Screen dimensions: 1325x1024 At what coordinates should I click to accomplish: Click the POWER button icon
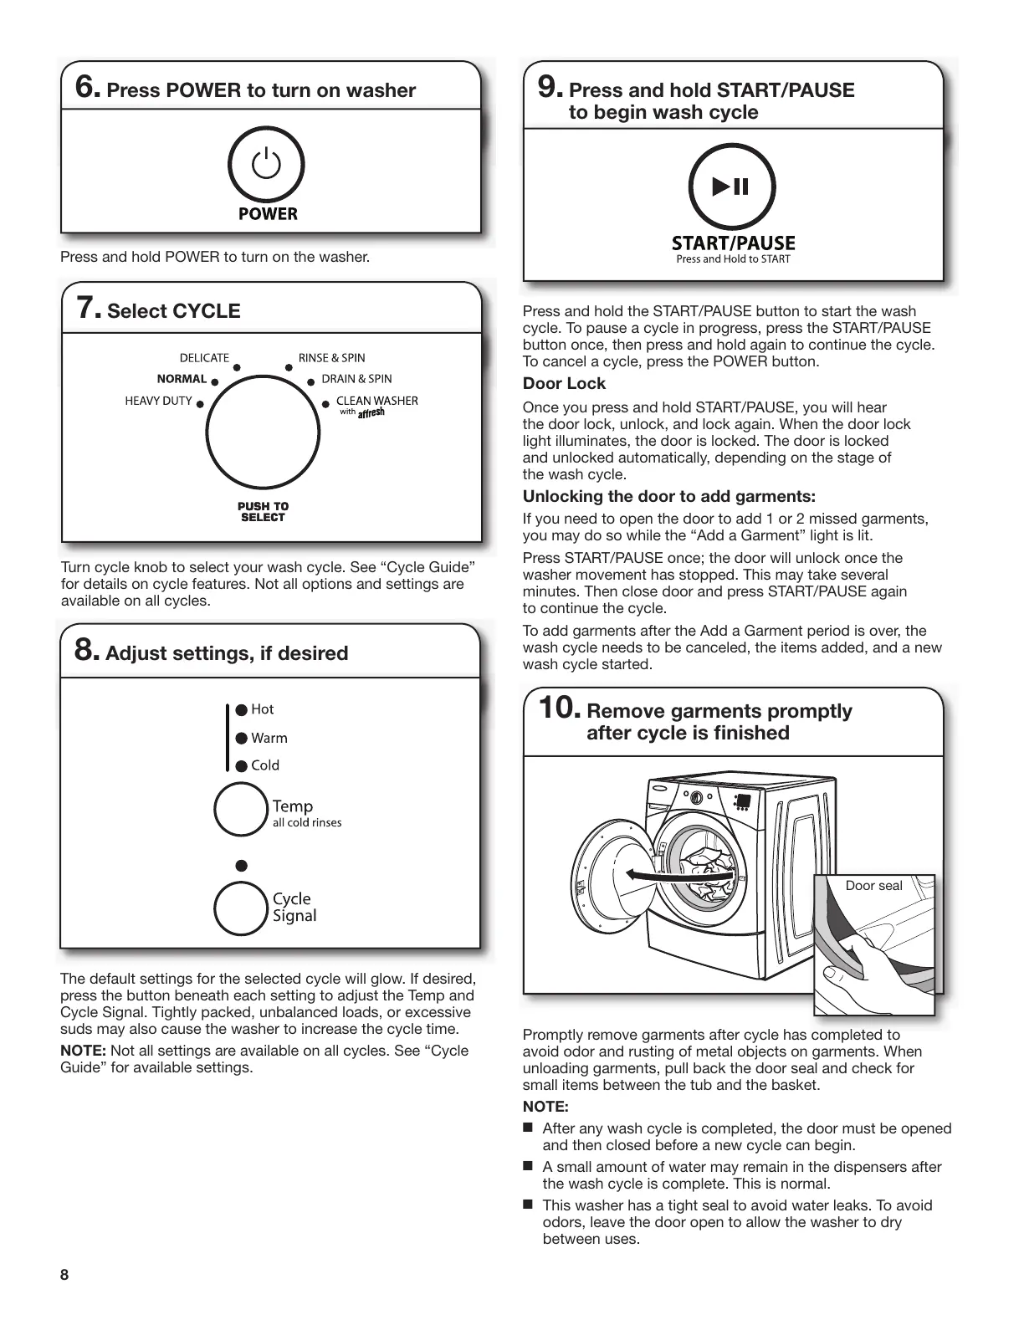tap(266, 165)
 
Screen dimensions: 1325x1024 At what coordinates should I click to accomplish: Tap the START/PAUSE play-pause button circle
tap(731, 187)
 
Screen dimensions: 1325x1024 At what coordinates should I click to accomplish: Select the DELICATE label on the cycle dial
tap(204, 358)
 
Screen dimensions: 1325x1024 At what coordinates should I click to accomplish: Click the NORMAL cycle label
tap(182, 379)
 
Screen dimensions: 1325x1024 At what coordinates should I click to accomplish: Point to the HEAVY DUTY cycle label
tap(158, 401)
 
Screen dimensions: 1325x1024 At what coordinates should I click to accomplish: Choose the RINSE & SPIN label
tap(331, 358)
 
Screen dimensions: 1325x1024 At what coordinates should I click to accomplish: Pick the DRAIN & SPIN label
tap(356, 379)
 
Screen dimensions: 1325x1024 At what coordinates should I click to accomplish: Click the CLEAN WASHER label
tap(376, 401)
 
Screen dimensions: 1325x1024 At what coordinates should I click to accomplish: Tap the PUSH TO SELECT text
tap(263, 512)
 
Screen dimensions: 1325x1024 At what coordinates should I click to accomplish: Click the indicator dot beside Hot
tap(242, 709)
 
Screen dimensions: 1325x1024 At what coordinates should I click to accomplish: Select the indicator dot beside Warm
tap(242, 738)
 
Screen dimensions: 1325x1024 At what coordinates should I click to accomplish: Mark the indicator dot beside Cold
tap(242, 765)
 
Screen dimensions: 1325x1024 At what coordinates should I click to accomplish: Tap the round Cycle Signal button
tap(240, 908)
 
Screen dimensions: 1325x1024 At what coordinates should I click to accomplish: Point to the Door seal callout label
tap(873, 886)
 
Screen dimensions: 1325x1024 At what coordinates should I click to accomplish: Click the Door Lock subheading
tap(564, 384)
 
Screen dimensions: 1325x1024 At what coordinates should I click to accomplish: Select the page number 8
tap(64, 1275)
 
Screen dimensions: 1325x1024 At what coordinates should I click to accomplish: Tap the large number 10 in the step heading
tap(558, 709)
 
